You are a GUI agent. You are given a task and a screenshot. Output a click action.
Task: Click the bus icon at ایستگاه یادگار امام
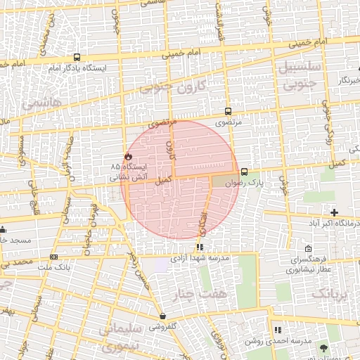pyautogui.click(x=76, y=58)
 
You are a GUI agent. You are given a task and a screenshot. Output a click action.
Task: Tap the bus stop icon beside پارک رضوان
pyautogui.click(x=244, y=172)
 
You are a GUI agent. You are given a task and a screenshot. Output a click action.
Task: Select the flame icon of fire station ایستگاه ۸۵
pyautogui.click(x=128, y=156)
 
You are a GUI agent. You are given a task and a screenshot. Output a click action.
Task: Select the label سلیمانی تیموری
pyautogui.click(x=121, y=338)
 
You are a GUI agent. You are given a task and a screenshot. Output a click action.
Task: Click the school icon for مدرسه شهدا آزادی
pyautogui.click(x=200, y=247)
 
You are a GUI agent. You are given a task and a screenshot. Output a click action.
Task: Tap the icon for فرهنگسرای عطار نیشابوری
pyautogui.click(x=309, y=248)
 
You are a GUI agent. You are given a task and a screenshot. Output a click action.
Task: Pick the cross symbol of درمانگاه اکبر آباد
pyautogui.click(x=334, y=212)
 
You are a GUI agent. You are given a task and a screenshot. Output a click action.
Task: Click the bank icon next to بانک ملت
pyautogui.click(x=54, y=257)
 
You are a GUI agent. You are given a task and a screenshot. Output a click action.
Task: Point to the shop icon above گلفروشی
pyautogui.click(x=162, y=316)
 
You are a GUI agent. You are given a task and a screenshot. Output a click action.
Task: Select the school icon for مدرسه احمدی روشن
pyautogui.click(x=277, y=329)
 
